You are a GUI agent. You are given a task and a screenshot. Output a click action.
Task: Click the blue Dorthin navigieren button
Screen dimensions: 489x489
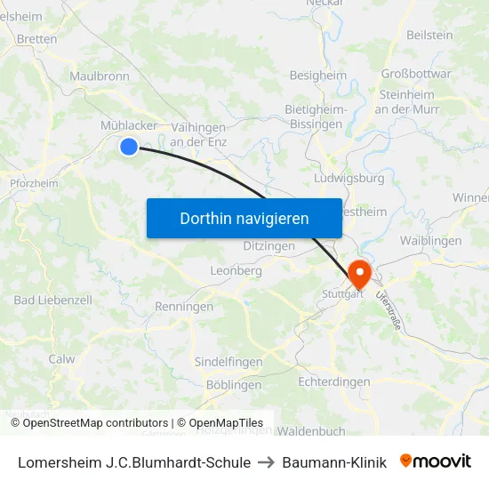(244, 218)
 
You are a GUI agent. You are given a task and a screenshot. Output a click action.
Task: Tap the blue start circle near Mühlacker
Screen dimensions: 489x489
(129, 147)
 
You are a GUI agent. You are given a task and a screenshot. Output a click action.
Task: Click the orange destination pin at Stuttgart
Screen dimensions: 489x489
(359, 271)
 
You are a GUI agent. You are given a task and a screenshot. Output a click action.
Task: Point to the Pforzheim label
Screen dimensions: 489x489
(34, 183)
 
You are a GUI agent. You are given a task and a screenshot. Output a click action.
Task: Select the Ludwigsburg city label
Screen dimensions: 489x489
(349, 178)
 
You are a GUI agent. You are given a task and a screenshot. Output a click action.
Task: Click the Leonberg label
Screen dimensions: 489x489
(236, 270)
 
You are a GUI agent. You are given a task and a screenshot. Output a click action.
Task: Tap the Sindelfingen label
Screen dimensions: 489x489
(228, 362)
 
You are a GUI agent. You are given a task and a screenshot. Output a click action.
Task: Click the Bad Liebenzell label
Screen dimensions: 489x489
(52, 301)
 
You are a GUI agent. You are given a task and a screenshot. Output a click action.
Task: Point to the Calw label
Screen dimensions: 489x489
(61, 359)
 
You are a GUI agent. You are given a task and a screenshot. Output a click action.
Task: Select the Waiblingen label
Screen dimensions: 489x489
(430, 241)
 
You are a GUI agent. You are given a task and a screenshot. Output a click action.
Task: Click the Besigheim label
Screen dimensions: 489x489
(317, 76)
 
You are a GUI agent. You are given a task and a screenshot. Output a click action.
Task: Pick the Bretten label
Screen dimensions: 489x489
(36, 39)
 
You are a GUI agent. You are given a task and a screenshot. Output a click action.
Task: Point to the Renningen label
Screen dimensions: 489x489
(184, 307)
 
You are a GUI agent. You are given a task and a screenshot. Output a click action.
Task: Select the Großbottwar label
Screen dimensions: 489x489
(415, 74)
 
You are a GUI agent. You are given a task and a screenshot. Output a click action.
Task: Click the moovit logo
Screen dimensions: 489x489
(436, 461)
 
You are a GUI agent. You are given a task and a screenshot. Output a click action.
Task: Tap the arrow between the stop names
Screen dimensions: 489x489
(266, 462)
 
